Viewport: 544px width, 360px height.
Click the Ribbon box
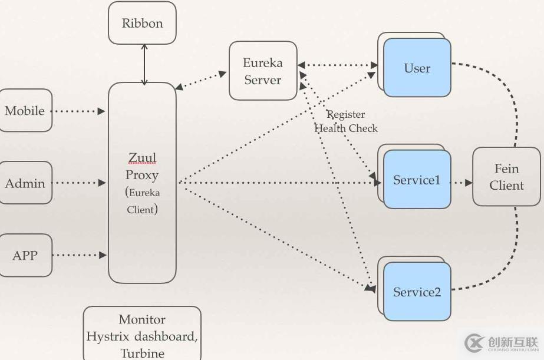(x=142, y=24)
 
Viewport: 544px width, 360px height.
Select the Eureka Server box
(x=263, y=71)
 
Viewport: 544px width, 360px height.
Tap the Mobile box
(x=25, y=111)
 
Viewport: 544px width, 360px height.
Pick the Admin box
(x=25, y=183)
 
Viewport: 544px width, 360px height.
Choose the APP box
(x=25, y=255)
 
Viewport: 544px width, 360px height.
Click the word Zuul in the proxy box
(x=142, y=158)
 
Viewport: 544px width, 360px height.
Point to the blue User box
(x=417, y=68)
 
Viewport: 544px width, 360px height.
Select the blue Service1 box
(x=417, y=180)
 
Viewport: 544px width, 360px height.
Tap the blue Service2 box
(x=417, y=292)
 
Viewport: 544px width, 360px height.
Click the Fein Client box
(x=506, y=177)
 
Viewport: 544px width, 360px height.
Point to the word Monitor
(x=142, y=319)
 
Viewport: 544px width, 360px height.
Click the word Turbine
(x=142, y=353)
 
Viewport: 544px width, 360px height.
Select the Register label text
(x=346, y=114)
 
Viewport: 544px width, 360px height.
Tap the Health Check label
(x=346, y=128)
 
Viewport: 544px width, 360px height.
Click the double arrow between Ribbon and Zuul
(x=144, y=64)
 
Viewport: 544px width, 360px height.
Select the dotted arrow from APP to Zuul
(x=80, y=255)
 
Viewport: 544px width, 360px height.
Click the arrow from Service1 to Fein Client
(x=461, y=183)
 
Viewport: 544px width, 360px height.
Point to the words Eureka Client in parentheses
(x=142, y=201)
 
